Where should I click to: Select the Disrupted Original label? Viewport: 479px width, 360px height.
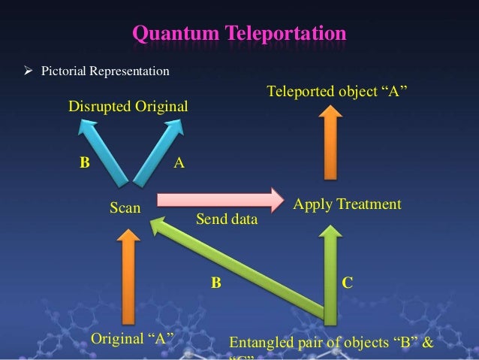coord(128,107)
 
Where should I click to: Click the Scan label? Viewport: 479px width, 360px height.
coord(125,208)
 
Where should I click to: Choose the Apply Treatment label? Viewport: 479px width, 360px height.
coord(347,204)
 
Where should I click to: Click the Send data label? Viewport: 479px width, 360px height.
coord(226,221)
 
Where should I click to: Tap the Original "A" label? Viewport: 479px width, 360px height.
coord(128,337)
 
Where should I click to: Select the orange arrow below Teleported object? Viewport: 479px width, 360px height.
coord(328,143)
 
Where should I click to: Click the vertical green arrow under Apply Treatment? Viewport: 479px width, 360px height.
coord(329,271)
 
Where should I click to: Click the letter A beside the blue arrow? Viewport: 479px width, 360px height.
coord(178,161)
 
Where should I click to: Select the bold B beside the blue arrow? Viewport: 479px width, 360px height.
coord(85,162)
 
